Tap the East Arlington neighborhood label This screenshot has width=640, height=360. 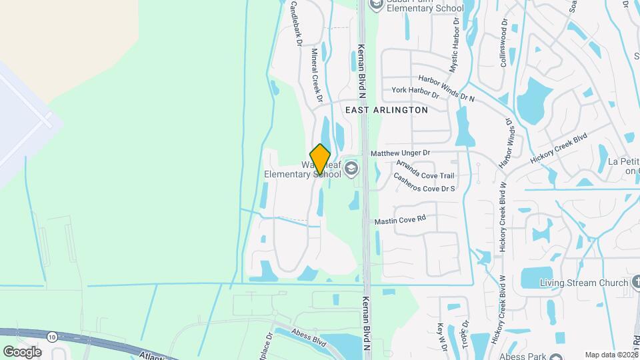[x=387, y=109]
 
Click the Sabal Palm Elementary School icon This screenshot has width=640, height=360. [x=377, y=5]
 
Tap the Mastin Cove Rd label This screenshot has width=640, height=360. [x=400, y=220]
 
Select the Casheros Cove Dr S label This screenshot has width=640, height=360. [x=424, y=183]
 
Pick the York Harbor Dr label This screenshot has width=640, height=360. [x=415, y=92]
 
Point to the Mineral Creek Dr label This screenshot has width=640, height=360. [x=317, y=79]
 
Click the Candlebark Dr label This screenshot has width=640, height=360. [x=296, y=23]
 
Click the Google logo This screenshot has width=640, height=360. [x=21, y=351]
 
